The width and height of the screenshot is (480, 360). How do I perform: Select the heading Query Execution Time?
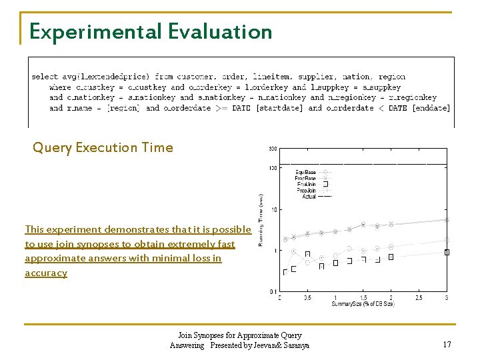pyautogui.click(x=103, y=147)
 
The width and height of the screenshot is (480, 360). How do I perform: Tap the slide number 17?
pyautogui.click(x=447, y=345)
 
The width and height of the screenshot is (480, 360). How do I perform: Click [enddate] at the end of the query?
pyautogui.click(x=430, y=108)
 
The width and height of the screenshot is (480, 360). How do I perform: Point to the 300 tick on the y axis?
pyautogui.click(x=273, y=149)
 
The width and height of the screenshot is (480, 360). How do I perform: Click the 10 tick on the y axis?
pyautogui.click(x=274, y=209)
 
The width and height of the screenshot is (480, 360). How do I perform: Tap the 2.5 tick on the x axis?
pyautogui.click(x=419, y=297)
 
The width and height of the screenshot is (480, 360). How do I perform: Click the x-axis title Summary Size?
pyautogui.click(x=363, y=305)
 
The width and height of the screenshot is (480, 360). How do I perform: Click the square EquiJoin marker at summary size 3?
pyautogui.click(x=447, y=252)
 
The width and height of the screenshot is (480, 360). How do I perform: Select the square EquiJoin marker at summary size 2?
pyautogui.click(x=391, y=257)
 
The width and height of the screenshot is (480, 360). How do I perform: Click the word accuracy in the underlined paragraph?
pyautogui.click(x=46, y=273)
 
